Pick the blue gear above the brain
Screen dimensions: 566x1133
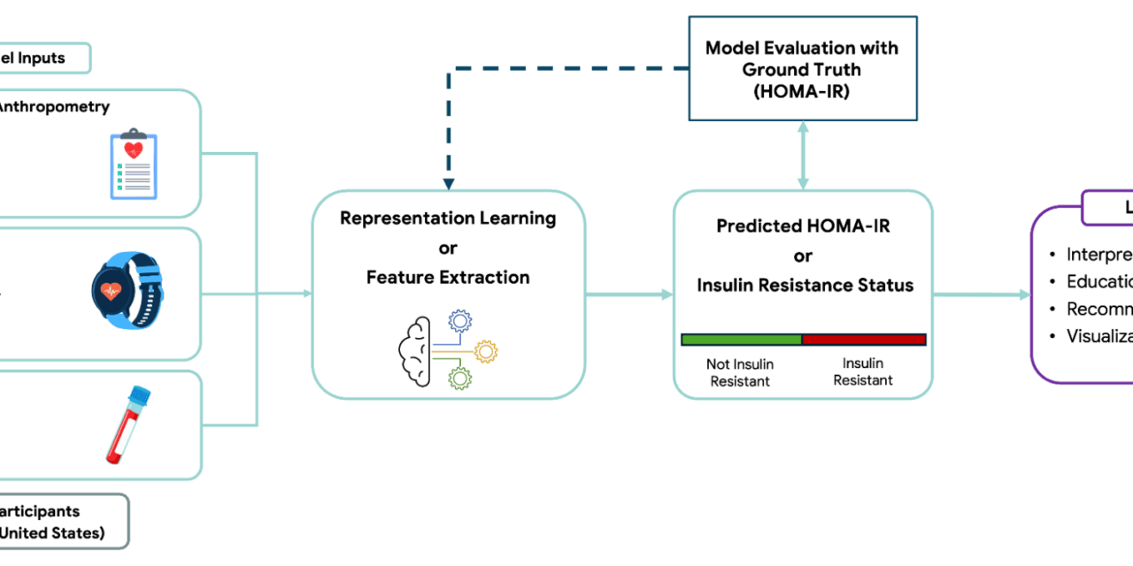(x=460, y=320)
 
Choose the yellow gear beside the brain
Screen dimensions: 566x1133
(x=485, y=351)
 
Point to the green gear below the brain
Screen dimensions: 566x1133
(x=460, y=379)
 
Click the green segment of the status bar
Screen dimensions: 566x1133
(x=741, y=340)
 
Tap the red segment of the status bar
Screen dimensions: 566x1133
(x=863, y=340)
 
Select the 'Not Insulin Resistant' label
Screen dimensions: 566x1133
(x=739, y=372)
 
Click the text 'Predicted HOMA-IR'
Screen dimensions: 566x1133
(x=803, y=226)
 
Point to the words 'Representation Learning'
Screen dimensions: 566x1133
(x=448, y=218)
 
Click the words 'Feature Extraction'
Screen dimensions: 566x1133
(x=448, y=278)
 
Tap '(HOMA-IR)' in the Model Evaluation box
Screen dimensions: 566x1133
(x=803, y=89)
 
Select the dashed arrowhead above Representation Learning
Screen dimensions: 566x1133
(x=449, y=183)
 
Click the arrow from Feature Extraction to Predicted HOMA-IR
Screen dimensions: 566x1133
(x=629, y=294)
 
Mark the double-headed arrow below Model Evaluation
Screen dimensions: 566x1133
(x=803, y=155)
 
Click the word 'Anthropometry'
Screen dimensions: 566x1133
(x=53, y=107)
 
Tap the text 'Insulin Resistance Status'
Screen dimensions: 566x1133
(x=804, y=285)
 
